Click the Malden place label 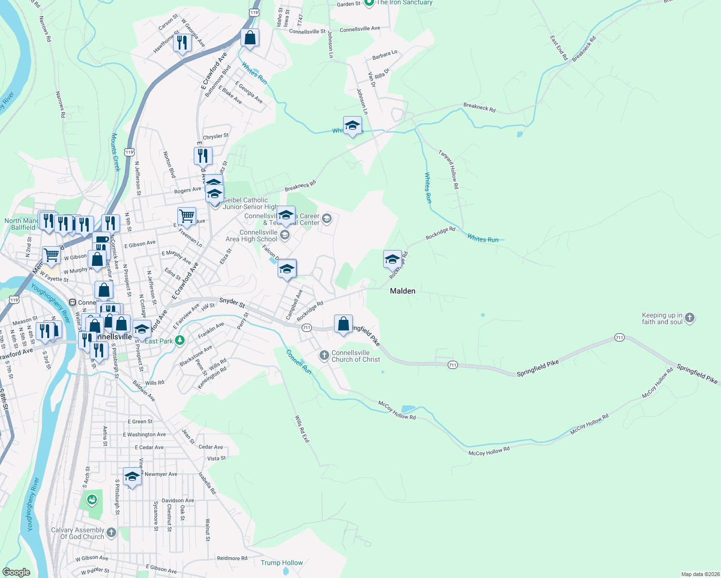(402, 291)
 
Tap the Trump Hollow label (281, 563)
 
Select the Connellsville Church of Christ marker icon (324, 355)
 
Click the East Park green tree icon (180, 341)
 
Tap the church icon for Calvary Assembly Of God (111, 532)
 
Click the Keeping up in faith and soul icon (690, 317)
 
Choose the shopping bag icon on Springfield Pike (343, 324)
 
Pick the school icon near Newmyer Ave (132, 477)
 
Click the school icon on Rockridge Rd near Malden (392, 259)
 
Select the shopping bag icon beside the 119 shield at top (250, 38)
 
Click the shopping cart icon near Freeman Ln (187, 216)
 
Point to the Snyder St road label (232, 302)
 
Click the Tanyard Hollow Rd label (448, 169)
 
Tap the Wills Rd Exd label (302, 429)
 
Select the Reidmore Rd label (232, 558)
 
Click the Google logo (16, 572)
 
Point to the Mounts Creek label (116, 152)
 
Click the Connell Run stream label (299, 361)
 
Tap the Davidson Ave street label (178, 500)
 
